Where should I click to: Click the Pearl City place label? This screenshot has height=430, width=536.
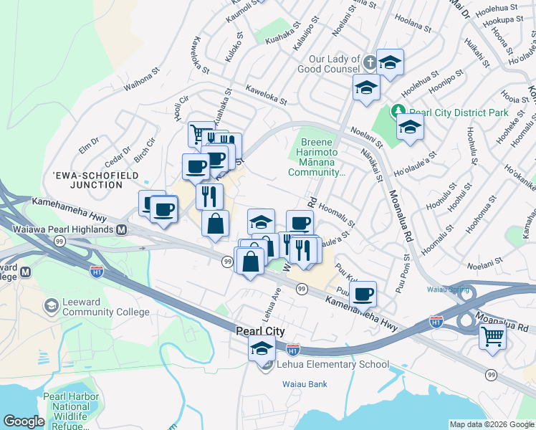tap(261, 331)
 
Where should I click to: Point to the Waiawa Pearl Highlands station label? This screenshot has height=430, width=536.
tap(64, 229)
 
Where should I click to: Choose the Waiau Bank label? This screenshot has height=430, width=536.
tap(303, 384)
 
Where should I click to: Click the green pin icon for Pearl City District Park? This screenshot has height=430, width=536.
tap(398, 113)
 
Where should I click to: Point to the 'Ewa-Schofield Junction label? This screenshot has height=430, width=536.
tap(87, 179)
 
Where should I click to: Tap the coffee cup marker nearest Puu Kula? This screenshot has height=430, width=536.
tap(363, 293)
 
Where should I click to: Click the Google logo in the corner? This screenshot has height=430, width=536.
tap(24, 421)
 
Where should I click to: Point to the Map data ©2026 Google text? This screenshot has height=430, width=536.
tap(492, 424)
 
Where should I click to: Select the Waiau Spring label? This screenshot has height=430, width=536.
tap(451, 290)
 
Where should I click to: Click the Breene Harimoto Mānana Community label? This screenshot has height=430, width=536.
tap(317, 157)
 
